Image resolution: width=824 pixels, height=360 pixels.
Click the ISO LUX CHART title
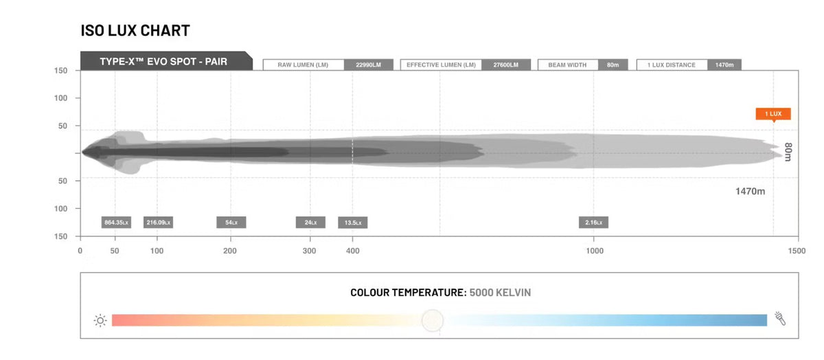point(135,30)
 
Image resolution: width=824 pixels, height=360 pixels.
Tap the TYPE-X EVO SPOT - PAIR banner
point(166,61)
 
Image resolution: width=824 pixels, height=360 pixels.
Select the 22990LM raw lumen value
point(369,65)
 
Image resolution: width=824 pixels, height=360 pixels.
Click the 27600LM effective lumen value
point(506,65)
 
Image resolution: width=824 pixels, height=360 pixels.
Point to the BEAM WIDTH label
point(567,65)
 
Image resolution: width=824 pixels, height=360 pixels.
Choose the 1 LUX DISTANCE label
point(672,65)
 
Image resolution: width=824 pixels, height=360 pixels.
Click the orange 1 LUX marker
point(773,114)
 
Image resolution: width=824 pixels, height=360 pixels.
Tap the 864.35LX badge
point(116,223)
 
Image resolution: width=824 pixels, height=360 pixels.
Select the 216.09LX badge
point(158,223)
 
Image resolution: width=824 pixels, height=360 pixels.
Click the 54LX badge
point(231,223)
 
